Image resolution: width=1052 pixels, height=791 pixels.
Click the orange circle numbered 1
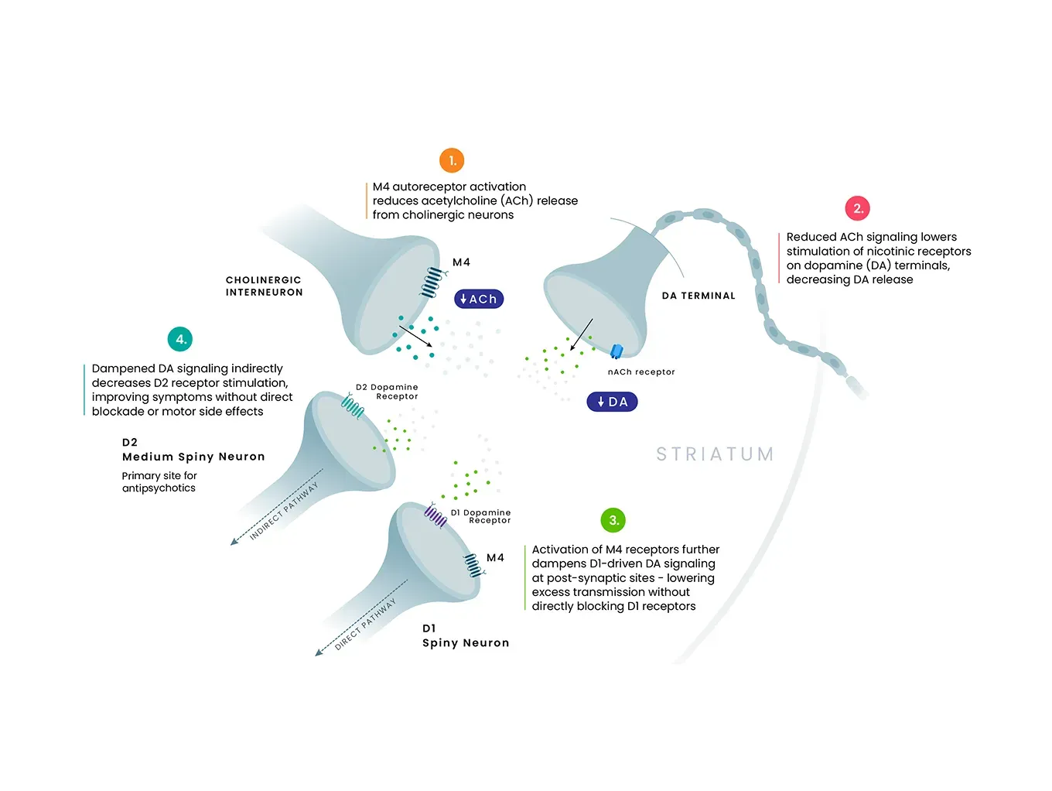pos(452,161)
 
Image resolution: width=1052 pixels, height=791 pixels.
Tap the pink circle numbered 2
pos(857,208)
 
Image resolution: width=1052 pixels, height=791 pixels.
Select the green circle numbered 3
pos(613,520)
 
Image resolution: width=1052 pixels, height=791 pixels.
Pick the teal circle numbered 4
pos(180,339)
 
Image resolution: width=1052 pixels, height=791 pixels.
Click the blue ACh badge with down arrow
pos(479,300)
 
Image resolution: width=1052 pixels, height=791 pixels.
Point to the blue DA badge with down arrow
pos(612,402)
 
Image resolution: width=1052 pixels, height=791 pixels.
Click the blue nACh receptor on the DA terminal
pos(617,352)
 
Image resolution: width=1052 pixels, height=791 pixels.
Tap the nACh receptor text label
pos(641,372)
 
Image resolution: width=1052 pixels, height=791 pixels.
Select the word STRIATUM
pos(715,454)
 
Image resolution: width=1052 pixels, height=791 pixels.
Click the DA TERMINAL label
pos(698,296)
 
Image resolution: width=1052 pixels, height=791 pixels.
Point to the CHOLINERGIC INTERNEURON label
pos(264,286)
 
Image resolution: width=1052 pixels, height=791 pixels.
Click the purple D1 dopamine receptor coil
pos(435,515)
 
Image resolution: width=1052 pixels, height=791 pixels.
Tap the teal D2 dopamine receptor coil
pos(353,406)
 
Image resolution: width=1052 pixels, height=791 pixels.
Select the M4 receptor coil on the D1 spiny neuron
pos(473,565)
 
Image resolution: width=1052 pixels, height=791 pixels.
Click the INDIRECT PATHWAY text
pos(284,511)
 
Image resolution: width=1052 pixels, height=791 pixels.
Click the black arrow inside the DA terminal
pos(581,335)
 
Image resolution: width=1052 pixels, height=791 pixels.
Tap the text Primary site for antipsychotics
pos(159,482)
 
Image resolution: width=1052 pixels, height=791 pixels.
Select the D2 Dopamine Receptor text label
pos(387,392)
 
